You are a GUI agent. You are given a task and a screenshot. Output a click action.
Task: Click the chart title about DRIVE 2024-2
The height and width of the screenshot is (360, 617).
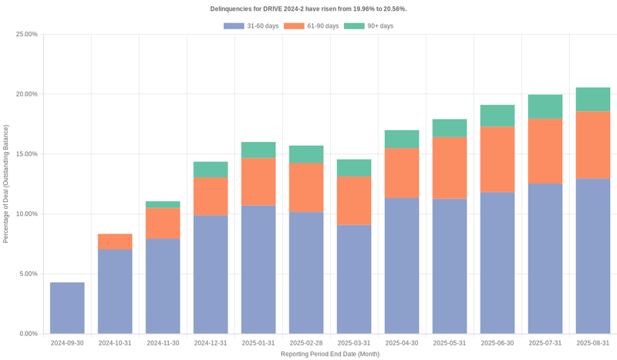pos(308,8)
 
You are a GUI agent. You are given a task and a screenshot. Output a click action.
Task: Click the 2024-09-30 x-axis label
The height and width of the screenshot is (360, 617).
pos(67,342)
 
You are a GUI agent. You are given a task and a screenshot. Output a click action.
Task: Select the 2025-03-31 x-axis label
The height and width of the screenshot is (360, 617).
pos(354,342)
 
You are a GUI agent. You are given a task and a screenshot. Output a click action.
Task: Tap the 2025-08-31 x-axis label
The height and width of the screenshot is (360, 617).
pos(593,342)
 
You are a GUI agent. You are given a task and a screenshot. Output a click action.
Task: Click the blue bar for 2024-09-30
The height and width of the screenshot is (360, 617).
pos(67,308)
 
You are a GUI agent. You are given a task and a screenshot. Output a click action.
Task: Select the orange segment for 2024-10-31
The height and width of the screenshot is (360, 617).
pos(115,241)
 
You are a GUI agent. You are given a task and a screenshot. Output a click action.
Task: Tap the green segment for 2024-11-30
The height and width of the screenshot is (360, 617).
pos(163,204)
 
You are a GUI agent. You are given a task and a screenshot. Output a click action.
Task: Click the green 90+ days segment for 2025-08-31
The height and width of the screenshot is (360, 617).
pos(593,99)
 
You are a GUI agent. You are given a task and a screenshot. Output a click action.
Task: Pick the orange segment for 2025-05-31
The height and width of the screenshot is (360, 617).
pos(450,167)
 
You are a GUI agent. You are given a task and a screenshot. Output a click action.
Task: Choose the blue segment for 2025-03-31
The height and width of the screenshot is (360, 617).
pos(354,279)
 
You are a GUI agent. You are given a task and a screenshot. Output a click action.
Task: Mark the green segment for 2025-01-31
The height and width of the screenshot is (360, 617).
pos(258,150)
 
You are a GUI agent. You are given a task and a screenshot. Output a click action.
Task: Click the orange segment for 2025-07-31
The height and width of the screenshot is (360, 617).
pos(545,150)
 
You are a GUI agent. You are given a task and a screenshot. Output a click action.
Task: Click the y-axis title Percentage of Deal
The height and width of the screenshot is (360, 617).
pos(6,183)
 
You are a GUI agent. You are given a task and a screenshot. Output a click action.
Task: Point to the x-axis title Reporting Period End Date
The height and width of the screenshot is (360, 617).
pos(330,354)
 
